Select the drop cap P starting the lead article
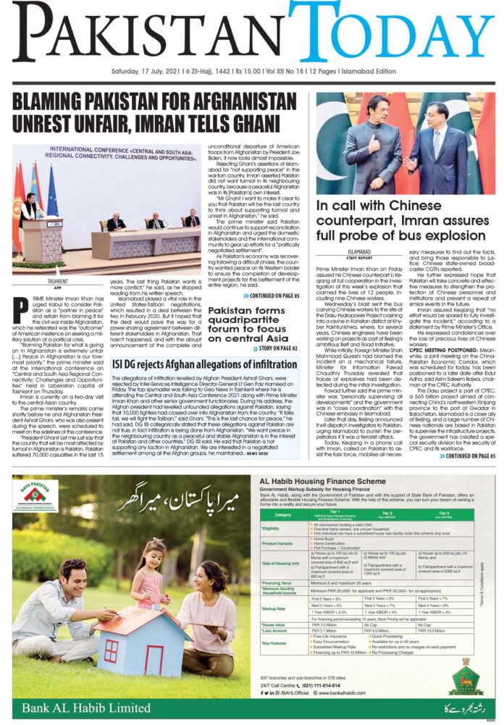point(22,308)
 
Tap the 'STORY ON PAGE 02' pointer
point(274,349)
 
